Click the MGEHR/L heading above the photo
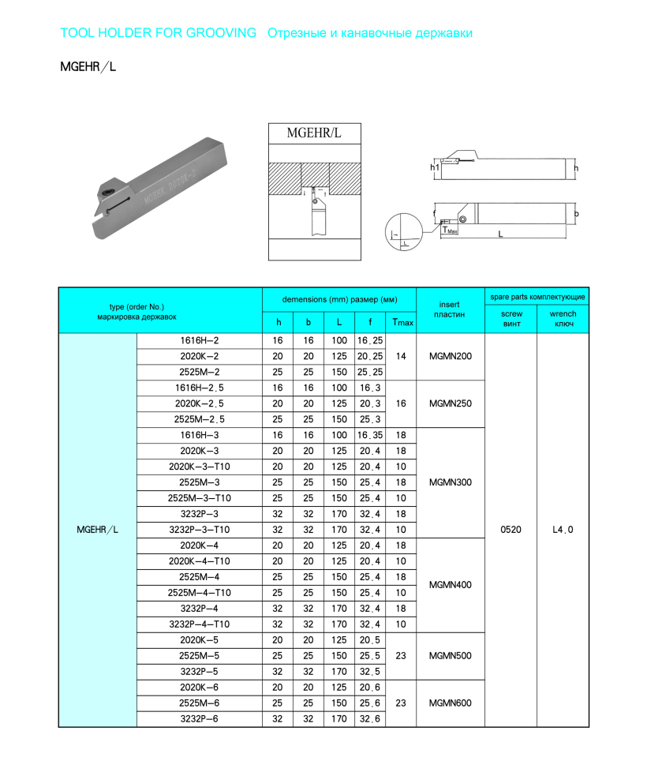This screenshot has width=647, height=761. pos(88,67)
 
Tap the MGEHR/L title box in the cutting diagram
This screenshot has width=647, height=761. pos(314,133)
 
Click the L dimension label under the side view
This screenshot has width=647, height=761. pos(500,234)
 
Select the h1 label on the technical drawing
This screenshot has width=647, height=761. pos(434,167)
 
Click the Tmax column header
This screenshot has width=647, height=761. pos(401,322)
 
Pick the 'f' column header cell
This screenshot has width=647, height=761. pos(370,322)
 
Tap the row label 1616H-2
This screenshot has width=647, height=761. pos(199,341)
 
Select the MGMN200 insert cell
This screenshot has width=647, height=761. pos(450,357)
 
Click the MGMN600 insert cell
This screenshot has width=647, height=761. pos(450,703)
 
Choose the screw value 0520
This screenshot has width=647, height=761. pos(510,530)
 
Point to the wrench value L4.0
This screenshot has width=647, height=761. pos(563,530)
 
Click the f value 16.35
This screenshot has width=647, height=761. pos(370,435)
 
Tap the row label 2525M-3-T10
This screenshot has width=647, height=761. pos(199,498)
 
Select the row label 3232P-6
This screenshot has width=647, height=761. pos(199,718)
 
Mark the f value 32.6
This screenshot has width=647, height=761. pos(370,718)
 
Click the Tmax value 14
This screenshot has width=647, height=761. pos(401,357)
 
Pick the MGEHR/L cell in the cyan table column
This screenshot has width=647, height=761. pos(97,530)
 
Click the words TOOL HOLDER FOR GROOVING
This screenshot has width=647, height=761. pos(159,33)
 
